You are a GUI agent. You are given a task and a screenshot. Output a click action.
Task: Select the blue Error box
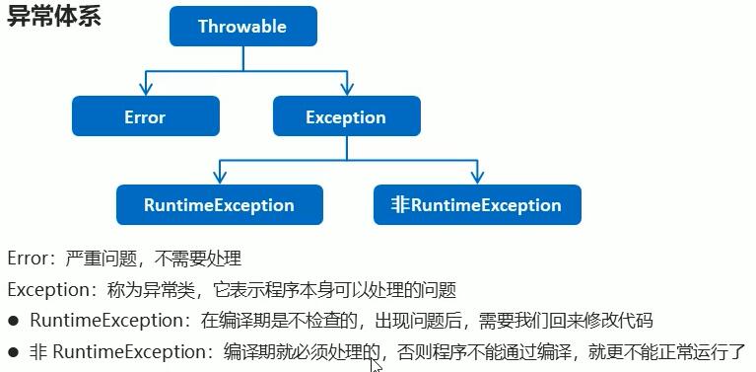coord(145,116)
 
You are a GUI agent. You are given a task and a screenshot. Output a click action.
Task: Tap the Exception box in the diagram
coord(346,116)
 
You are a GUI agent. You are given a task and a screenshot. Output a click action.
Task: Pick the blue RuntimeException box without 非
coord(219,205)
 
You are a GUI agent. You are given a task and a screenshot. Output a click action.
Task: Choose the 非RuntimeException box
coord(477,205)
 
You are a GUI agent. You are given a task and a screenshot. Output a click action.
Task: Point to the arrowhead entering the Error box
coord(145,90)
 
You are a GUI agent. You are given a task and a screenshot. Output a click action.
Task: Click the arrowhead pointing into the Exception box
coord(346,90)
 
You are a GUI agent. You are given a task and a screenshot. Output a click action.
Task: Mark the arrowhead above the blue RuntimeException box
coord(219,179)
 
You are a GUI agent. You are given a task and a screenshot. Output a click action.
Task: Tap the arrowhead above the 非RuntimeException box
coord(477,179)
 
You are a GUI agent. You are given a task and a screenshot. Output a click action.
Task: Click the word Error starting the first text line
coord(27,260)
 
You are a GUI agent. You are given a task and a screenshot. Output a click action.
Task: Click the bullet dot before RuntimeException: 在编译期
coord(13,322)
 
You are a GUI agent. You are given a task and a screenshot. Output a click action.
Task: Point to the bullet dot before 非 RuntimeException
coord(13,352)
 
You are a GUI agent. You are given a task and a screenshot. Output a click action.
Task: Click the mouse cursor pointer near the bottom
coord(376,364)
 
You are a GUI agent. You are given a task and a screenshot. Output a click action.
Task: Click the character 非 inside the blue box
coord(399,205)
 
